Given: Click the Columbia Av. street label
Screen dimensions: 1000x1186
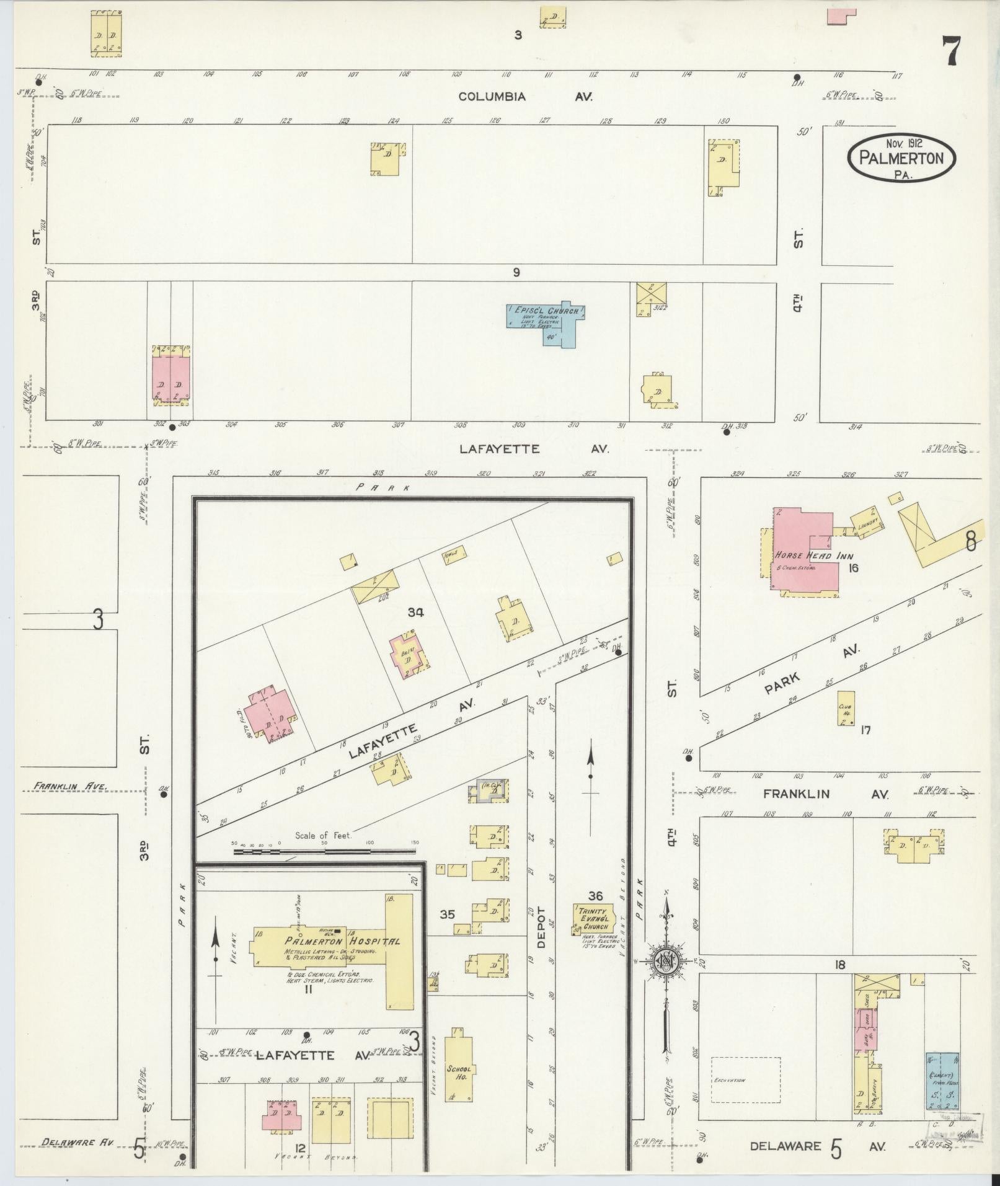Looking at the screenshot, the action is (x=525, y=97).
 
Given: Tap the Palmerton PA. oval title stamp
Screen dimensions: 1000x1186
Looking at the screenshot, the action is (x=901, y=158).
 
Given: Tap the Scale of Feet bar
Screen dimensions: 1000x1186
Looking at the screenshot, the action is (x=325, y=851).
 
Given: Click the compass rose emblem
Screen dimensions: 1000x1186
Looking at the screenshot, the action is (x=666, y=979).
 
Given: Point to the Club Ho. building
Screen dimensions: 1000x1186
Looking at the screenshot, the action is (x=846, y=708).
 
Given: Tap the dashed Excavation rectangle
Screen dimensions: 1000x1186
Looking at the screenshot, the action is (x=745, y=1080).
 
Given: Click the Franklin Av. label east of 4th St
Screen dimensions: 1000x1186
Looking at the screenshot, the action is (x=826, y=794).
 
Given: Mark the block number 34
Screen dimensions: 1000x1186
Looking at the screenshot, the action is (x=415, y=613).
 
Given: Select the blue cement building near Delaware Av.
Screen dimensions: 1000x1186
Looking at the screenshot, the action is (x=942, y=1081).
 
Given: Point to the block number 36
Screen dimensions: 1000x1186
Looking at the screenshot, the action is (x=595, y=895).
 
